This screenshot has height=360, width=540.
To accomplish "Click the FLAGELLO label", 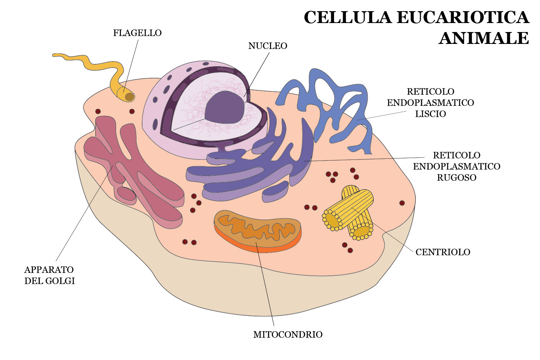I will (137, 33).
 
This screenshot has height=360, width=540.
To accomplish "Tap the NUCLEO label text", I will (267, 46).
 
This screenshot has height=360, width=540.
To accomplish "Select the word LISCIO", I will (431, 114).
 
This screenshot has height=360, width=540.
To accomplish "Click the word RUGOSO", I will (456, 178).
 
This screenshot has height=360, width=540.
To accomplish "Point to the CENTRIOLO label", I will (443, 252).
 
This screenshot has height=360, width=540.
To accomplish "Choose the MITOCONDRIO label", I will (288, 335).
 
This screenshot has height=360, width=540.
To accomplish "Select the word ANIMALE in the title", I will (484, 38).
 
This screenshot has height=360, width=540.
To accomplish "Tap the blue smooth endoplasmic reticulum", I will (324, 104).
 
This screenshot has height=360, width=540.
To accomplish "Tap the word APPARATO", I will (49, 270).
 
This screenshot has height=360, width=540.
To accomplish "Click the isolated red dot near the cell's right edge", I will (402, 203).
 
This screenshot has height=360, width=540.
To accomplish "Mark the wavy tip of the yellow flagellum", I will (58, 55).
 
